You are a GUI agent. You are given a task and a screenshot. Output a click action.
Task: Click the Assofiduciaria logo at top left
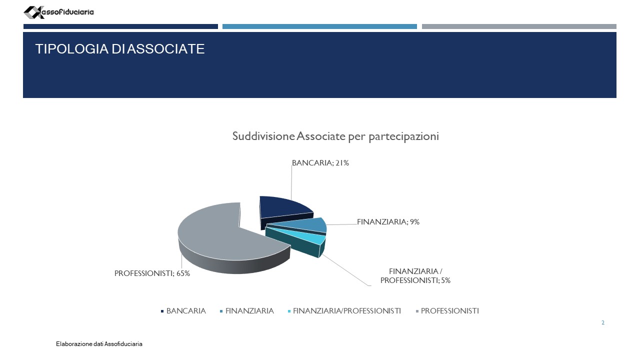(58, 12)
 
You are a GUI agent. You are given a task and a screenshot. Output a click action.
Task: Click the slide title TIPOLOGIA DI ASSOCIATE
(119, 49)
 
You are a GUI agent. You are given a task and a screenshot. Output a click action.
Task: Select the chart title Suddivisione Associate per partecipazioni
(335, 136)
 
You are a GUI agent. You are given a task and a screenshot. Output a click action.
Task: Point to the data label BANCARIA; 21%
(320, 163)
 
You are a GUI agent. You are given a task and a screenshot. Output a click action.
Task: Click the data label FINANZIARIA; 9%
(388, 221)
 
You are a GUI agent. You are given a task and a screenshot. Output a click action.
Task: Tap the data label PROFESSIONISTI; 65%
(152, 273)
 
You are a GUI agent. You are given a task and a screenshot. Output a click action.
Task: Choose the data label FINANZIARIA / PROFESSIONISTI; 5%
(415, 275)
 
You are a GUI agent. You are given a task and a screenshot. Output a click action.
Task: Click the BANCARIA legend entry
(183, 311)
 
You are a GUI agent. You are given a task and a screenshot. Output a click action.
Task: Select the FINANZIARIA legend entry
(247, 311)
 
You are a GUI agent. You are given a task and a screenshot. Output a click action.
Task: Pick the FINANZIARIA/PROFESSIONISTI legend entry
(344, 311)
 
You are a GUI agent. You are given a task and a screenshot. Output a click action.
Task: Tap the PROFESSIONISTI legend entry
(447, 311)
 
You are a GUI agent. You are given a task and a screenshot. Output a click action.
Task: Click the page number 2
(603, 322)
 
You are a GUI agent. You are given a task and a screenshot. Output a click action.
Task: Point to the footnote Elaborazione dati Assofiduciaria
(99, 344)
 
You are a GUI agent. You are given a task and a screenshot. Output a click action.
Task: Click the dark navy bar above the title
(120, 26)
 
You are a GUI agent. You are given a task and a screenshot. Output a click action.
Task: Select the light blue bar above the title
(319, 26)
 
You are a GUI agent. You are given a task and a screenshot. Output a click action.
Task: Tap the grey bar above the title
(519, 26)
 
